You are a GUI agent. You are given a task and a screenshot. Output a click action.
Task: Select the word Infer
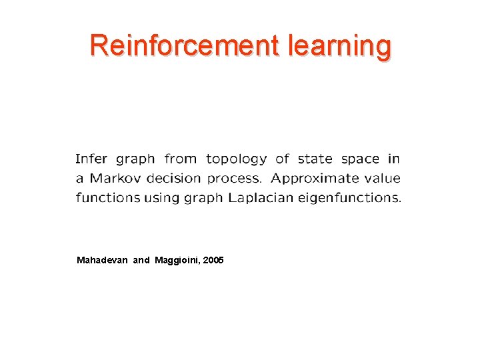click(92, 159)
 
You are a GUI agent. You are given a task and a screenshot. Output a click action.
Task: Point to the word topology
click(237, 160)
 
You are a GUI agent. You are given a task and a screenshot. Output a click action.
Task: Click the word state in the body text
click(315, 159)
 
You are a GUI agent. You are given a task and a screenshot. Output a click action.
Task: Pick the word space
click(360, 160)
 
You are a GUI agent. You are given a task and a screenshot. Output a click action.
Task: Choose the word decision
click(172, 178)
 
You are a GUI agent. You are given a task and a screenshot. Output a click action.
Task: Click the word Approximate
click(313, 179)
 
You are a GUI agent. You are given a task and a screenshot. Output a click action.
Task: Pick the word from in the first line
click(180, 159)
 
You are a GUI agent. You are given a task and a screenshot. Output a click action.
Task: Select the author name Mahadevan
click(102, 259)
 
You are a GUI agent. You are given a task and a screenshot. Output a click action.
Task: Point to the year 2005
click(214, 259)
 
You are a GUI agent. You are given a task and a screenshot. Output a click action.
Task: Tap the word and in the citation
click(141, 259)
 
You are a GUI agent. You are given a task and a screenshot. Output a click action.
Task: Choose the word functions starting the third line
click(106, 197)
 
